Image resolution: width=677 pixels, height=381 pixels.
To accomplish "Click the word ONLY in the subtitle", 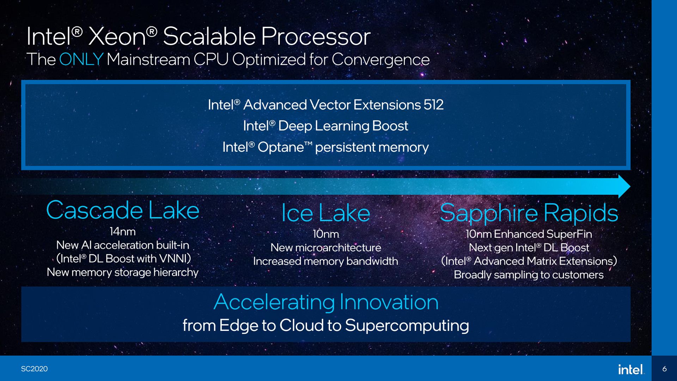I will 81,59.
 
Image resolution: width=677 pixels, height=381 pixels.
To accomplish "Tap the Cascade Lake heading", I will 123,210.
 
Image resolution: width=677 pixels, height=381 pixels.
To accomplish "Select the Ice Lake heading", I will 325,213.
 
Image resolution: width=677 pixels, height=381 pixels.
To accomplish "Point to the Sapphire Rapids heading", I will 529,213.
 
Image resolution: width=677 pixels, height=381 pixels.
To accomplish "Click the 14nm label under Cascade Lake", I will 122,232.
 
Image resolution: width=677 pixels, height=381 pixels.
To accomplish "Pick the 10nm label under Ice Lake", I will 325,234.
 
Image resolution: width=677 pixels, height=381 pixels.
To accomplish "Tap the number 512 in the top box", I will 433,105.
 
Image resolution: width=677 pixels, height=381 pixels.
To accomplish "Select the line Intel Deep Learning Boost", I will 325,126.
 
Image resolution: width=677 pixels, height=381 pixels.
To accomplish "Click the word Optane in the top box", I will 280,147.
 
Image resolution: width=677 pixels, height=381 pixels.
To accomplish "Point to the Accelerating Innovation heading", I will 326,302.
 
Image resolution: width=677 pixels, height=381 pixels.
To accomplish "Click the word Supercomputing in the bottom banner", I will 407,325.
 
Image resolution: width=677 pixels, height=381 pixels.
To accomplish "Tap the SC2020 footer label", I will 34,369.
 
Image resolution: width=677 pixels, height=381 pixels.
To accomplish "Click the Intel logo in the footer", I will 630,369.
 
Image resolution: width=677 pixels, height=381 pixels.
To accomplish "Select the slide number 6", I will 664,369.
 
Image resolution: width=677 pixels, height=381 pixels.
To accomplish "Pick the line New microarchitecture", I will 325,248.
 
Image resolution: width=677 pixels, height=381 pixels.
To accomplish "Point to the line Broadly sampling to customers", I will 529,275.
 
